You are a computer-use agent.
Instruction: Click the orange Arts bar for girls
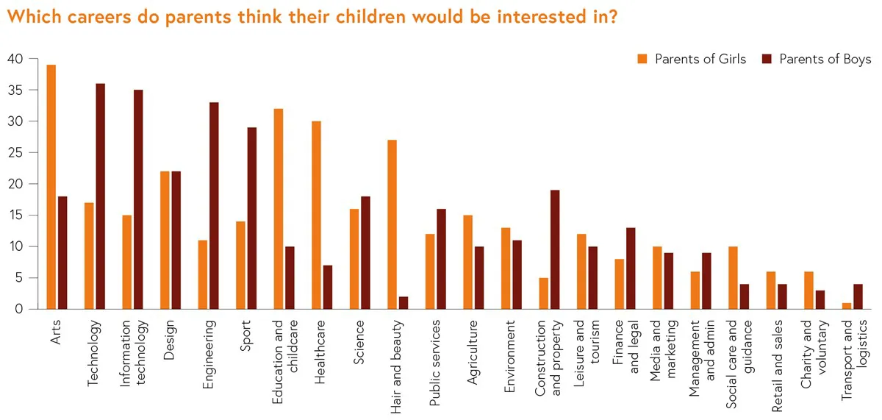pyautogui.click(x=51, y=187)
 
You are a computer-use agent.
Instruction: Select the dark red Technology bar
pyautogui.click(x=101, y=196)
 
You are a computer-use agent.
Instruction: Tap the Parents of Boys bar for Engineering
pyautogui.click(x=214, y=206)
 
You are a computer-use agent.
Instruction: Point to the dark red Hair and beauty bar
pyautogui.click(x=404, y=303)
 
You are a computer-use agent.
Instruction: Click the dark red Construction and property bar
pyautogui.click(x=555, y=249)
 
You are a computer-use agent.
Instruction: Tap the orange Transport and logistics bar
pyautogui.click(x=846, y=306)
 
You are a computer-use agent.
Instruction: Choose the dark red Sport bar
pyautogui.click(x=252, y=218)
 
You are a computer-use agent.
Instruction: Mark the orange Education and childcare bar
pyautogui.click(x=278, y=209)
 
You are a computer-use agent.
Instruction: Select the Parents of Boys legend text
pyautogui.click(x=825, y=60)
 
